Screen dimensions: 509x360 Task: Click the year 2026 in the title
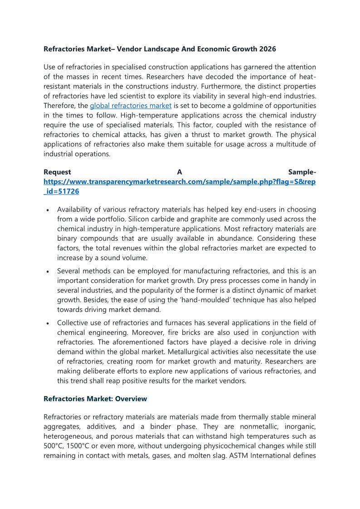pyautogui.click(x=267, y=48)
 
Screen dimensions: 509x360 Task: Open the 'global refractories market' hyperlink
pyautogui.click(x=131, y=106)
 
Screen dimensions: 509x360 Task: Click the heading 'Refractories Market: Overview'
pyautogui.click(x=95, y=399)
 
